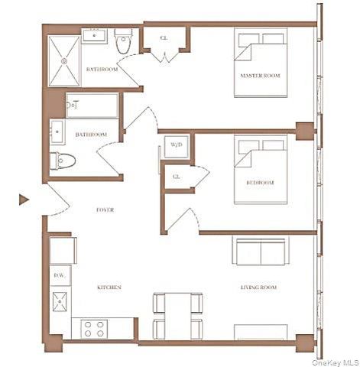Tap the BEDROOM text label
tap(260, 183)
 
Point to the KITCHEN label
tap(108, 287)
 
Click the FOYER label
tap(105, 209)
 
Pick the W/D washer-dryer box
tap(176, 145)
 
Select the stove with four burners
tap(93, 328)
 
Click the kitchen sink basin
tap(60, 301)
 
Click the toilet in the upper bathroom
tap(125, 43)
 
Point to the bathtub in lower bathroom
tap(92, 106)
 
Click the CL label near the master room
tap(164, 37)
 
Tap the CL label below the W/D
tap(176, 176)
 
